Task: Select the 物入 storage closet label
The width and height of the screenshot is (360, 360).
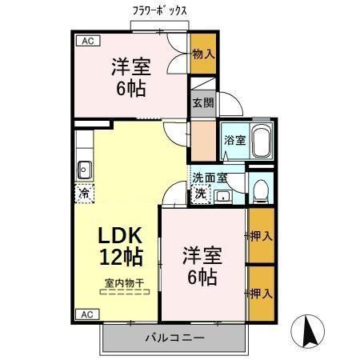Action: tap(203, 54)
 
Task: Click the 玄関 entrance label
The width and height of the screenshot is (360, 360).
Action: tap(202, 102)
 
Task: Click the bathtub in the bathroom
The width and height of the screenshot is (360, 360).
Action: tap(261, 141)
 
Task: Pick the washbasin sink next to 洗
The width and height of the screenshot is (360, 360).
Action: tap(222, 194)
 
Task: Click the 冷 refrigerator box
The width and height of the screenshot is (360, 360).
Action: tap(84, 192)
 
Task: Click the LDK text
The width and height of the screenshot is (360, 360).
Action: tap(121, 235)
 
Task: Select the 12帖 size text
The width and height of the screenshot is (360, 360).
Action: tap(121, 258)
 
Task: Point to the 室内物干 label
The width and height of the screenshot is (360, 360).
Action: tap(124, 282)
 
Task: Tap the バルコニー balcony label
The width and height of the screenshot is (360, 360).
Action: tap(174, 338)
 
